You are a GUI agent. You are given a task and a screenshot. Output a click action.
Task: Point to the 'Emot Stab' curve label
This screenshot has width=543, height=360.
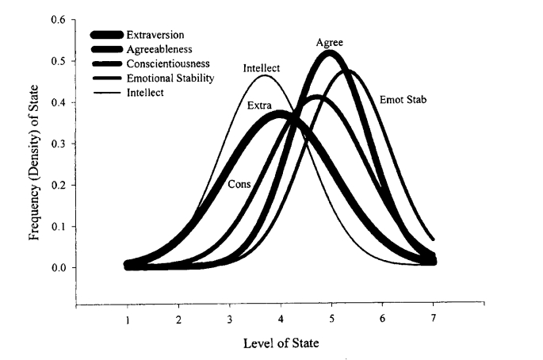tap(400, 101)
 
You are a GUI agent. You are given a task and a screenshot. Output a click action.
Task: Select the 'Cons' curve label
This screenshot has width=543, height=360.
tap(240, 184)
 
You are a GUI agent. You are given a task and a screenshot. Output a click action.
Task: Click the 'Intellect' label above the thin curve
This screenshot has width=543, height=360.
tap(262, 68)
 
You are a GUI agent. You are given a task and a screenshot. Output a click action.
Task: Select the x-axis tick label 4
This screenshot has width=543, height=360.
tap(281, 320)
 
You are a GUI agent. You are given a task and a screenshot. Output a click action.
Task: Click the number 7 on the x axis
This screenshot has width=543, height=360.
tap(434, 320)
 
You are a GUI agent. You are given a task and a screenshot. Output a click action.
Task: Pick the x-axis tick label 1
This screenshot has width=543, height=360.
tap(128, 320)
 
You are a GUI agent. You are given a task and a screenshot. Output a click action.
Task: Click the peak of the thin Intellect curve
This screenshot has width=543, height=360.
tap(265, 76)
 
